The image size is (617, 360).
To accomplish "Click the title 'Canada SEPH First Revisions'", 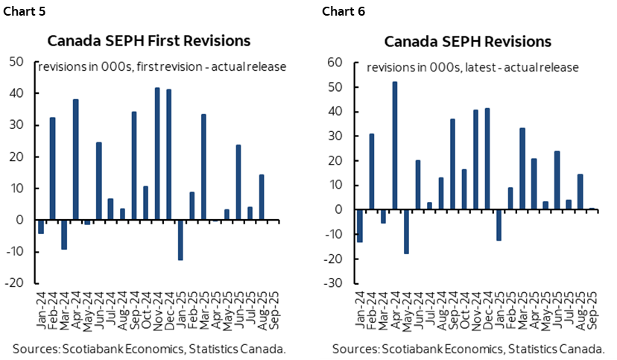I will pyautogui.click(x=149, y=40).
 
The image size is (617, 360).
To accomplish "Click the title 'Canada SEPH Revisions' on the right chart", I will pyautogui.click(x=468, y=40).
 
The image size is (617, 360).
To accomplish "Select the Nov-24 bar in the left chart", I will pyautogui.click(x=157, y=154).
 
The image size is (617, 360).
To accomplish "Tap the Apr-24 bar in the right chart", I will pyautogui.click(x=394, y=145).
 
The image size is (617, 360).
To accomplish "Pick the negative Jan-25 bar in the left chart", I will pyautogui.click(x=180, y=240).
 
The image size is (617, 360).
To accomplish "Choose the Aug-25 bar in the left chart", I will pyautogui.click(x=261, y=198).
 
